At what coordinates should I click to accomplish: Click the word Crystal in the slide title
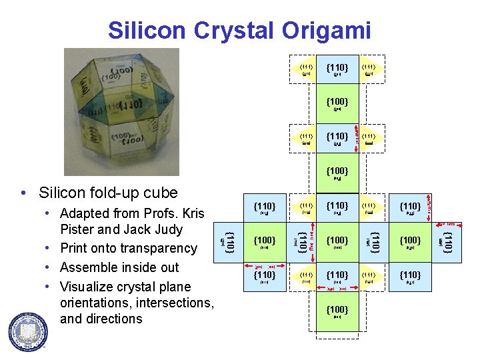click(x=223, y=30)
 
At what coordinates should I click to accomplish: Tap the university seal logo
click(x=28, y=331)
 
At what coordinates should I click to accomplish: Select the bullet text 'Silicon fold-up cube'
click(x=108, y=193)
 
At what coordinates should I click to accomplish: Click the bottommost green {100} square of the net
click(x=337, y=312)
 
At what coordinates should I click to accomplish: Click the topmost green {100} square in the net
click(x=337, y=104)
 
